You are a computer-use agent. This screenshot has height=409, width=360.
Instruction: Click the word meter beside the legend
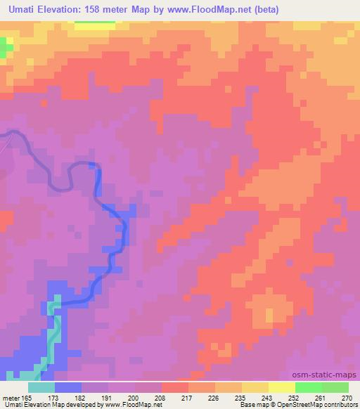coord(11,397)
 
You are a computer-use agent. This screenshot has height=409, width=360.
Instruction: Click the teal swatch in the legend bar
coord(41,387)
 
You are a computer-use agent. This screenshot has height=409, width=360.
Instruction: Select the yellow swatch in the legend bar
coord(282,387)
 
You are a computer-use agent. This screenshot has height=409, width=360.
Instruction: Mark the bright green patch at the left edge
coord(6,48)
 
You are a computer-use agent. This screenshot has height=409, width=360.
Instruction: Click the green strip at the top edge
coord(94,22)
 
